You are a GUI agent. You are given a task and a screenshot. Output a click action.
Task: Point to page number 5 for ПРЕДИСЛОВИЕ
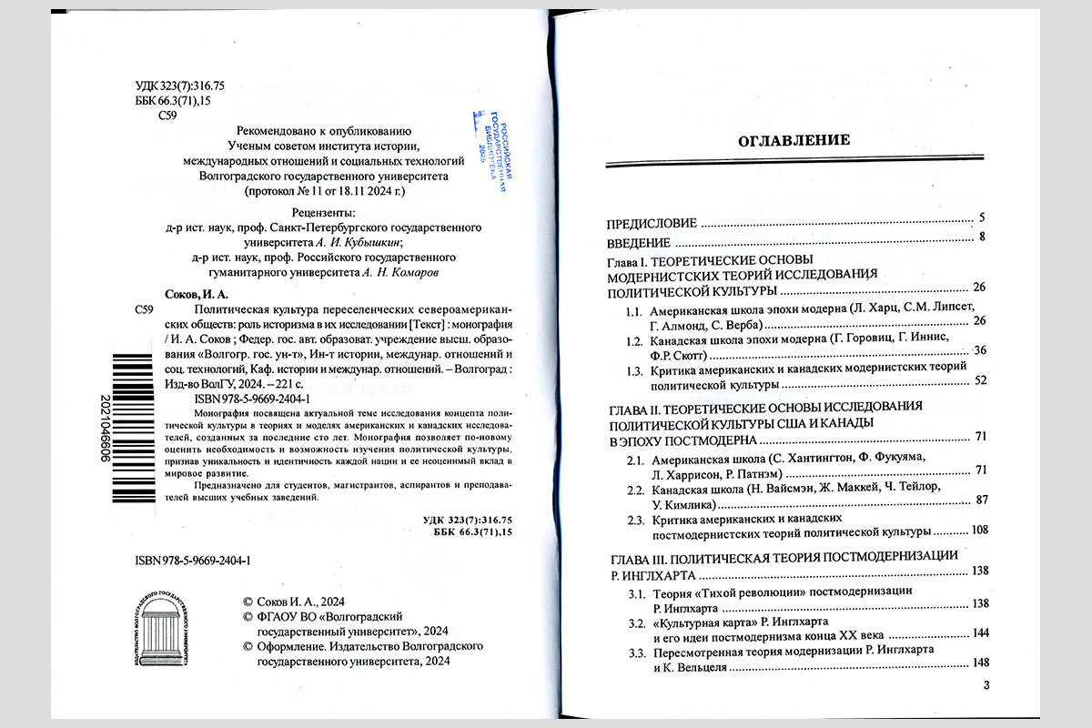tap(983, 221)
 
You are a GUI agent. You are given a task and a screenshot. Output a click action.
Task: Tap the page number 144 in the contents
tap(979, 632)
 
